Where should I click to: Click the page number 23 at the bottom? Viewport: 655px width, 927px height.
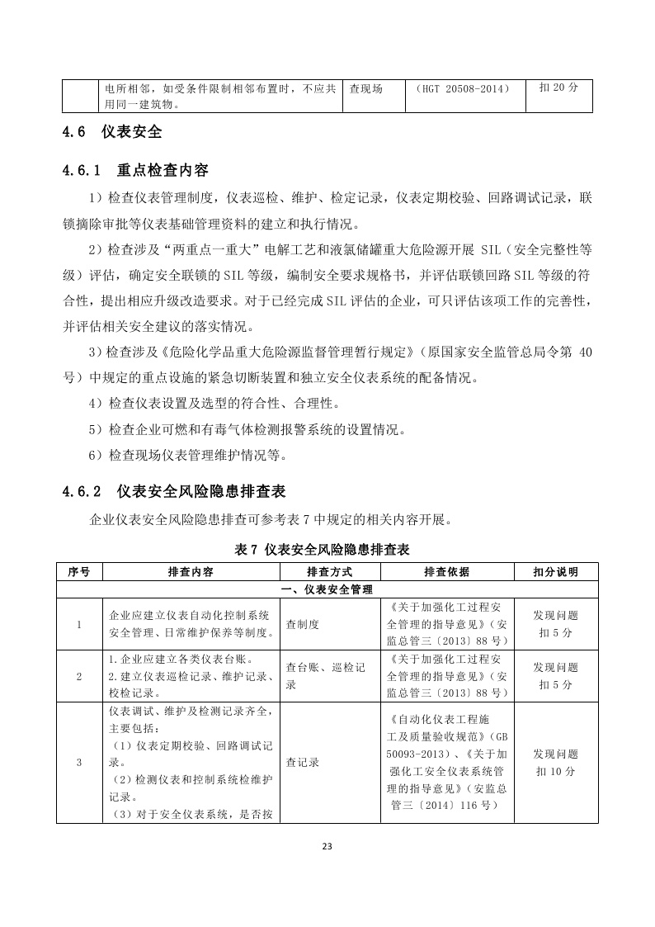click(x=327, y=846)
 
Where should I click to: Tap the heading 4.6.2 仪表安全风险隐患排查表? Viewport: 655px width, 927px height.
click(x=173, y=491)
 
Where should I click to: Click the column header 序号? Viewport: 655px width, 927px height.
click(x=79, y=571)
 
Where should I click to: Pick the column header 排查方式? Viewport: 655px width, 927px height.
click(x=329, y=571)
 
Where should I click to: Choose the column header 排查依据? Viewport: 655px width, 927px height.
click(x=446, y=571)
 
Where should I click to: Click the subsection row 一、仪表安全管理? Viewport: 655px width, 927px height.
click(x=327, y=589)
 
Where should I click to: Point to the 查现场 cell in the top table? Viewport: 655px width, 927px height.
click(x=366, y=88)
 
